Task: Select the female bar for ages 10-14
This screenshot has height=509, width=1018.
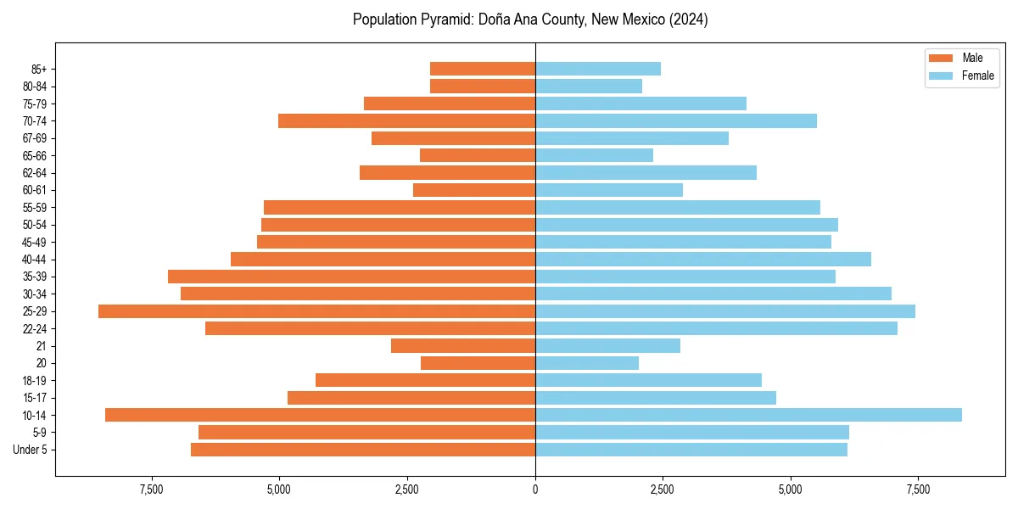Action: click(x=748, y=415)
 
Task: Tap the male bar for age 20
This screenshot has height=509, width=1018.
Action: click(x=478, y=363)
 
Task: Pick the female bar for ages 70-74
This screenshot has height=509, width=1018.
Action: click(x=676, y=121)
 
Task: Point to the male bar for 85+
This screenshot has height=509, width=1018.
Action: click(x=483, y=69)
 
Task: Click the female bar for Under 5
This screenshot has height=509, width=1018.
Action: click(x=691, y=450)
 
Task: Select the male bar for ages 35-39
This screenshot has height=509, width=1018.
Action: click(x=351, y=277)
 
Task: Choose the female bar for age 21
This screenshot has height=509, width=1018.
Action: click(x=607, y=346)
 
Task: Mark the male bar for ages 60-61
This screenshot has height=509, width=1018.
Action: click(x=474, y=190)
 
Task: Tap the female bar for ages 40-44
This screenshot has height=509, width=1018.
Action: click(x=703, y=260)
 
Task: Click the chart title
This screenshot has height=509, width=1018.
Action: click(x=530, y=20)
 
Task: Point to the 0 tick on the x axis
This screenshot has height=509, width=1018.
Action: click(x=535, y=490)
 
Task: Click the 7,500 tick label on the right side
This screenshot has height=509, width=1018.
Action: click(x=918, y=490)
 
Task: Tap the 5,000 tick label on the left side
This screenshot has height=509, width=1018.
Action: click(x=279, y=490)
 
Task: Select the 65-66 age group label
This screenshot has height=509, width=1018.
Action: click(x=35, y=155)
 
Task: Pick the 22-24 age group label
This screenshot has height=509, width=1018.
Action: click(x=35, y=328)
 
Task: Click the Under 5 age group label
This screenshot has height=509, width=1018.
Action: click(x=31, y=450)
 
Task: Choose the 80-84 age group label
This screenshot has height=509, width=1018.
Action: click(x=35, y=87)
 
